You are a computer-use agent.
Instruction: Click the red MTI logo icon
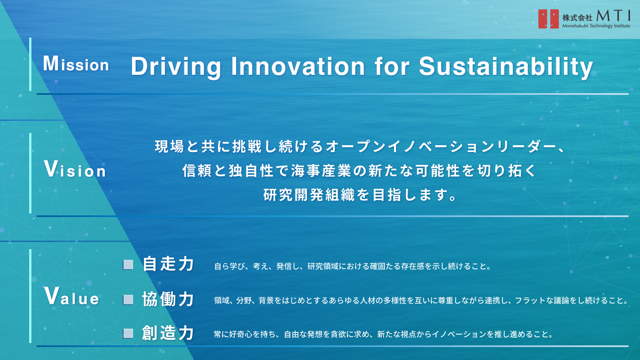[548, 19]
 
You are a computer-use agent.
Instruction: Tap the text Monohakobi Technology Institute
[596, 26]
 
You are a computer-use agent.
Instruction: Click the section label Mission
[76, 64]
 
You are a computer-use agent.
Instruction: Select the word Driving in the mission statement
[176, 67]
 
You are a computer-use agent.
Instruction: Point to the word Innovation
[298, 66]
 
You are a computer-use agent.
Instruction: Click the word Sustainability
[506, 67]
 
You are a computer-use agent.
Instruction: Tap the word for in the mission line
[392, 66]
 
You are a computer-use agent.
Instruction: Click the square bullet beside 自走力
[128, 265]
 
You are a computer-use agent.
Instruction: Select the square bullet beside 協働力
[128, 300]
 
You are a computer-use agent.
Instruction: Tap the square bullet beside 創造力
[128, 334]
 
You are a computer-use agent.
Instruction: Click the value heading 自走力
[168, 264]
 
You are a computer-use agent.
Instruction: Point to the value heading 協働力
[168, 299]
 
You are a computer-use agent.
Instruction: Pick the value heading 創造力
[168, 333]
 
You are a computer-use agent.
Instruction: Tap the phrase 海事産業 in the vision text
[322, 171]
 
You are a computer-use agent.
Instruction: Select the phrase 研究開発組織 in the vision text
[309, 195]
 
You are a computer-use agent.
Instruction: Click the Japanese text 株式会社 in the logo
[577, 18]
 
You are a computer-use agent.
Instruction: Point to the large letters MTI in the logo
[613, 16]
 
